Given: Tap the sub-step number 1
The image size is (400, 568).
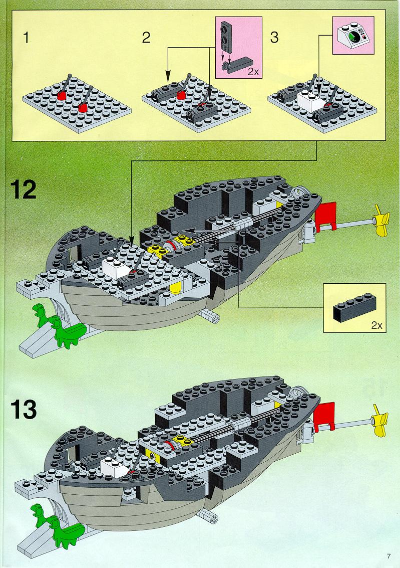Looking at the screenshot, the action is [x=26, y=38].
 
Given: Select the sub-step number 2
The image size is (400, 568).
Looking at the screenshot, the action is [x=146, y=38].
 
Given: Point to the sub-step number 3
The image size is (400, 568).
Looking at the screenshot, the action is [x=274, y=38].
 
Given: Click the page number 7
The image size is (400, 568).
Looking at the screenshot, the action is [x=389, y=556].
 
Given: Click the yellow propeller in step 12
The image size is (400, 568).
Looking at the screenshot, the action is [x=380, y=220].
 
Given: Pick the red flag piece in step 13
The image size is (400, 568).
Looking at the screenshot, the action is [x=324, y=417].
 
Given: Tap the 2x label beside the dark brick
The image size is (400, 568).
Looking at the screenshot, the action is [x=376, y=325].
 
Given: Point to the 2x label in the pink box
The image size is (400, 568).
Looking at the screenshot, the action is [x=253, y=72].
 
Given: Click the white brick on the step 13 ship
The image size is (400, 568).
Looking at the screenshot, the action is [x=114, y=467].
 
